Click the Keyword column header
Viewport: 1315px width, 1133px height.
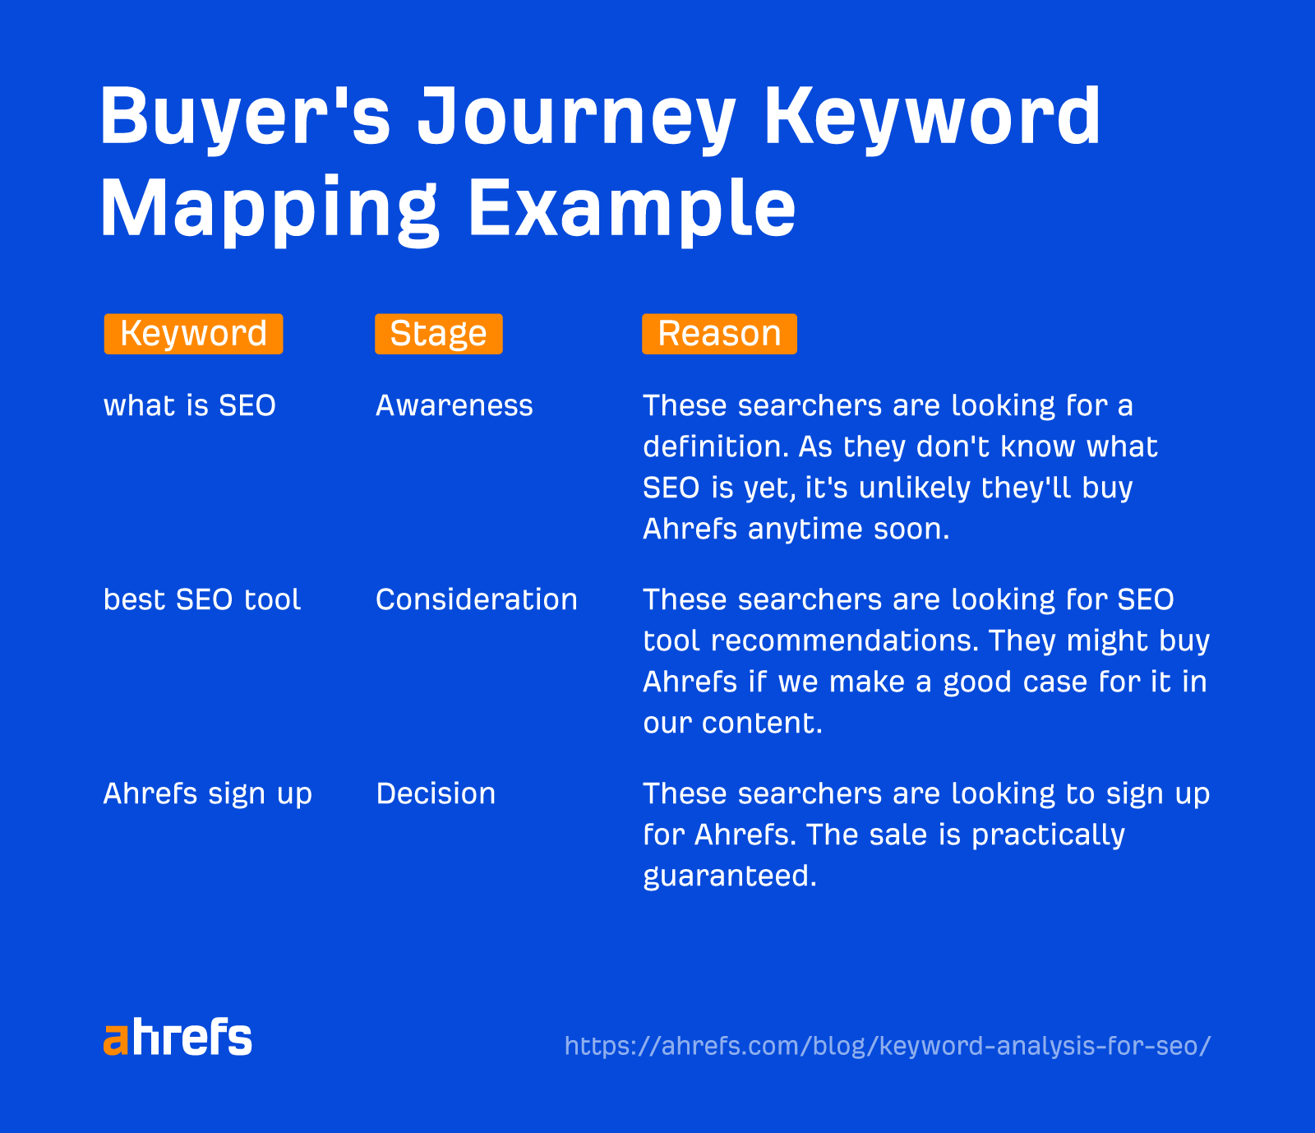tap(193, 334)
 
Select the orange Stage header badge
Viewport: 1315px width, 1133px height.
tap(438, 334)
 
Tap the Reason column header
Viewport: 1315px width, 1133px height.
tap(719, 334)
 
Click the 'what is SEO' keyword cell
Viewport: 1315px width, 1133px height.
tap(190, 405)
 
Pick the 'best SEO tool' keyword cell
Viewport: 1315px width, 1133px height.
tap(202, 599)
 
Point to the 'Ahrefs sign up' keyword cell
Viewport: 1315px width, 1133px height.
tap(208, 793)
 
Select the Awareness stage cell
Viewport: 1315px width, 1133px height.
tap(454, 405)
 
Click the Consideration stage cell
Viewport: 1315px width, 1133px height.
tap(477, 599)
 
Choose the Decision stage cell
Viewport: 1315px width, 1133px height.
tap(436, 793)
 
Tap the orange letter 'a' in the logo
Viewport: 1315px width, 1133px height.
tap(116, 1040)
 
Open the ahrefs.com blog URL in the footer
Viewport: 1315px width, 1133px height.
tap(888, 1046)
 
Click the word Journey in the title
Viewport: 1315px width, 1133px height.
tap(576, 118)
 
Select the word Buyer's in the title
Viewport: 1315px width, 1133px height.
tap(245, 118)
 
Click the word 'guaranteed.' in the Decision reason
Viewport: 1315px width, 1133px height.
tap(730, 876)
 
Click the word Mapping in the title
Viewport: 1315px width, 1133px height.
tap(270, 209)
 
